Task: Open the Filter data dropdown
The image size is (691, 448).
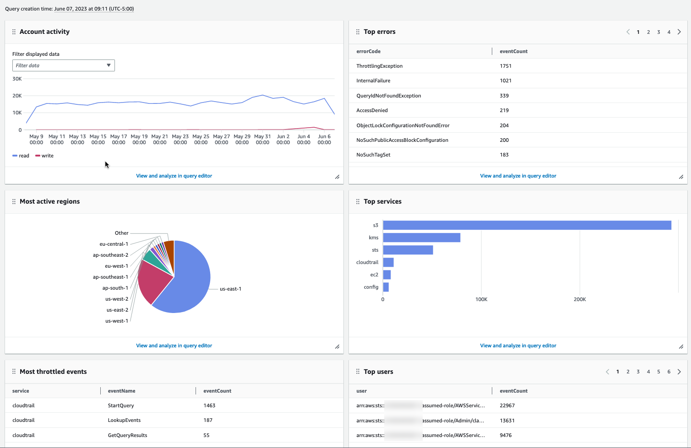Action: pyautogui.click(x=63, y=65)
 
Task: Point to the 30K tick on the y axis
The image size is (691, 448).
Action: pyautogui.click(x=17, y=79)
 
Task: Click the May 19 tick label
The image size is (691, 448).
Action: pyautogui.click(x=139, y=139)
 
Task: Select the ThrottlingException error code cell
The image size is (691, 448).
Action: pyautogui.click(x=379, y=66)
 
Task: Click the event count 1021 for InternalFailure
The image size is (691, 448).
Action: pyautogui.click(x=506, y=81)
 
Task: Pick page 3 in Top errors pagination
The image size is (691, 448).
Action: pyautogui.click(x=658, y=32)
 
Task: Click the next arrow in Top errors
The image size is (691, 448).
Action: pyautogui.click(x=679, y=32)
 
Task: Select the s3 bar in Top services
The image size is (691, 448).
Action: pyautogui.click(x=527, y=225)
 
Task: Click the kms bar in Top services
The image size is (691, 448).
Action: pyautogui.click(x=421, y=237)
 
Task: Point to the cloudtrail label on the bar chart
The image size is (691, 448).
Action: pyautogui.click(x=367, y=262)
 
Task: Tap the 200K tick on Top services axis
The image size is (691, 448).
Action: pyautogui.click(x=580, y=299)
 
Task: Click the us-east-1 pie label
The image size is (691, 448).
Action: pyautogui.click(x=230, y=289)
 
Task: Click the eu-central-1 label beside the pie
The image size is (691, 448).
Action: pyautogui.click(x=114, y=244)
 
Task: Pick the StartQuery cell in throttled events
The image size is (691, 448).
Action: pyautogui.click(x=121, y=405)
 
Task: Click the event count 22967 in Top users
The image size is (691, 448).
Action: pyautogui.click(x=507, y=405)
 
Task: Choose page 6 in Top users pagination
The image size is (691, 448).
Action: pyautogui.click(x=669, y=372)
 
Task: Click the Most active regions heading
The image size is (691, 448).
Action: pyautogui.click(x=49, y=201)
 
